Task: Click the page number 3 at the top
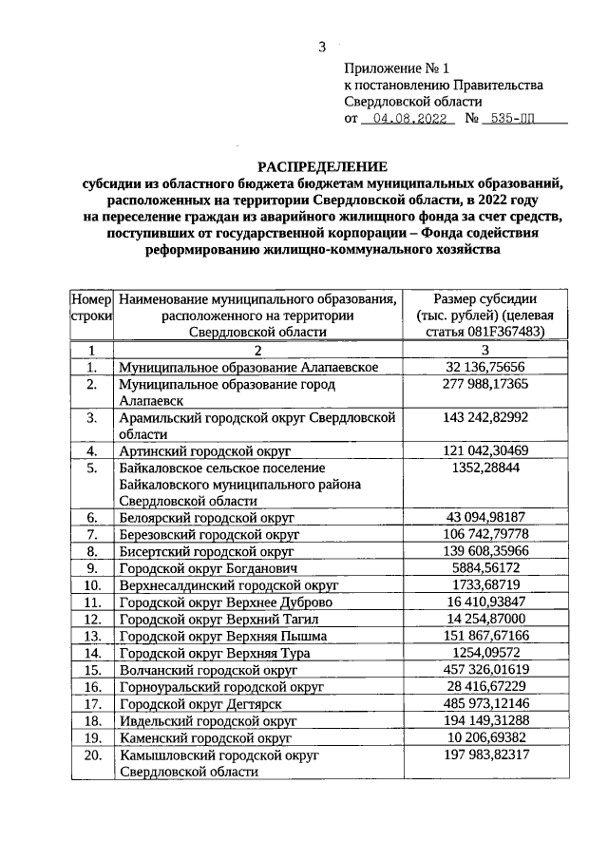322,47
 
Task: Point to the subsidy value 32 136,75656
485,367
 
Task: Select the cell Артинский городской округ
204,450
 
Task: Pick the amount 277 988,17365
485,384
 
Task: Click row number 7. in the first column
92,534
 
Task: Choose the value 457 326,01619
485,670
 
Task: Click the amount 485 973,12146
485,704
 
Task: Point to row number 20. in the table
92,755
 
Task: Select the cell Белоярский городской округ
207,518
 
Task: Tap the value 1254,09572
485,653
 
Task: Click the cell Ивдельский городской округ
208,721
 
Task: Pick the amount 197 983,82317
485,755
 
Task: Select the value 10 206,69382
485,737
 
